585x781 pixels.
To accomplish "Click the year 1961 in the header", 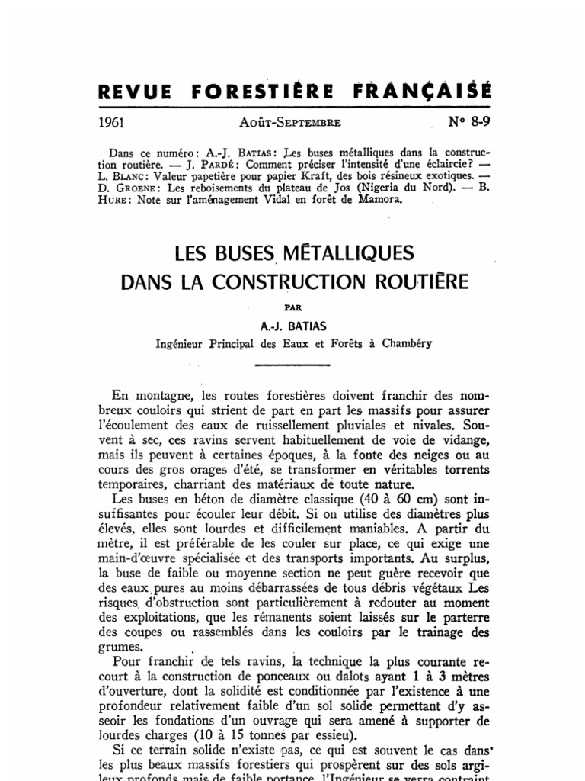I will [x=113, y=121].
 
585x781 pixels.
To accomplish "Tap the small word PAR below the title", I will [x=292, y=310].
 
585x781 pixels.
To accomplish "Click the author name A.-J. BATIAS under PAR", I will [x=293, y=326].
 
